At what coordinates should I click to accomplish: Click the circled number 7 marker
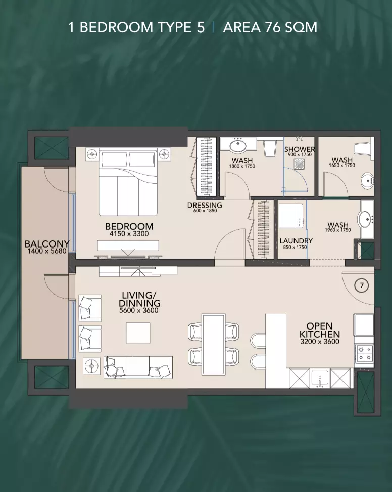pos(362,285)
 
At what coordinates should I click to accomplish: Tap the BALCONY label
pos(47,244)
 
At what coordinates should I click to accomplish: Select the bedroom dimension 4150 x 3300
pos(129,234)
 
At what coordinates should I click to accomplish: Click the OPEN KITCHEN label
pos(320,330)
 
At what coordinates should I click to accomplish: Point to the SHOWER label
pos(300,149)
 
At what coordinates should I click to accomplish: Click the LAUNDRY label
pos(296,240)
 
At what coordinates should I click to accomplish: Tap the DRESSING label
pos(205,205)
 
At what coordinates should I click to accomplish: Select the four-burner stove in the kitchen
pos(364,353)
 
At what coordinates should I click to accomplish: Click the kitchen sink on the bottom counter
pos(319,379)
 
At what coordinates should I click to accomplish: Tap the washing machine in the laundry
pos(291,216)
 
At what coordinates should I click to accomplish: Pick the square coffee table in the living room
pos(138,333)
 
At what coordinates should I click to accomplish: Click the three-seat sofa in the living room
pos(138,367)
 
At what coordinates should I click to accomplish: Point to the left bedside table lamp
pos(92,154)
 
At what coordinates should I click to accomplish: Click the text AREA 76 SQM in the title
pos(270,28)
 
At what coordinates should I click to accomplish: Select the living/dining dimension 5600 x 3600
pos(139,311)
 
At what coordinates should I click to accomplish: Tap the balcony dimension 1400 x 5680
pos(47,251)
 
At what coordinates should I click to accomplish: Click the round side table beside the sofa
pos(91,366)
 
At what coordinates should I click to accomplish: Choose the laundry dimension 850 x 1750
pos(295,247)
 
